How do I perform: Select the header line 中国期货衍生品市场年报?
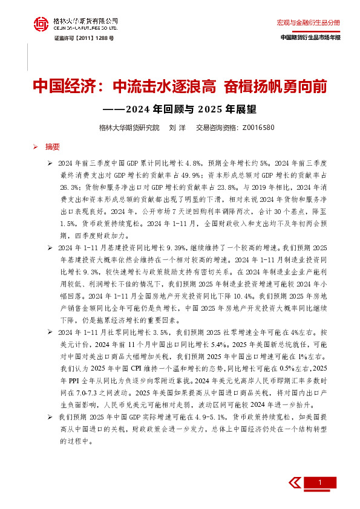[310, 37]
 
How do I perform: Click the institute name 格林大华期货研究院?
[129, 128]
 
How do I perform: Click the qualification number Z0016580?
[258, 128]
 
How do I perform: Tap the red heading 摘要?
[53, 146]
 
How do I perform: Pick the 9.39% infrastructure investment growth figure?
[166, 247]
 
